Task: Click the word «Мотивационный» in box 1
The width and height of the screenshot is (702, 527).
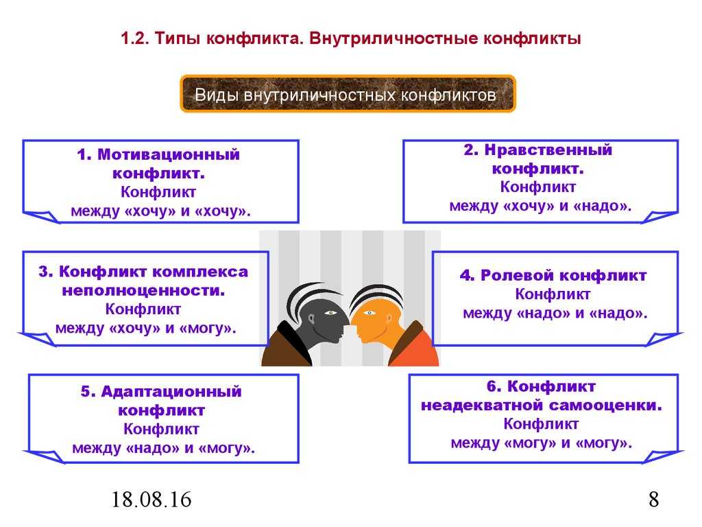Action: tap(169, 154)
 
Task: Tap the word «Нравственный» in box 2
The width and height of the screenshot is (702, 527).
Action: tap(548, 150)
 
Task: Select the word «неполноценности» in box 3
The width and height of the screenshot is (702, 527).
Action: tap(143, 290)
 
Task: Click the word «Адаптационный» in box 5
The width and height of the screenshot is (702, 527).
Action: tap(171, 392)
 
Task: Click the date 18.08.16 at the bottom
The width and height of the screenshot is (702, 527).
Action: tap(151, 500)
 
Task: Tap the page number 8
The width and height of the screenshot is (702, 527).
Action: tap(653, 500)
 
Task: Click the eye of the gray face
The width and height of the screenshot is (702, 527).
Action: tap(331, 312)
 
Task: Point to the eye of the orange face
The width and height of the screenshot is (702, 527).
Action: tap(369, 312)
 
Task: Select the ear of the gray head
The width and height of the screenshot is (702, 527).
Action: tap(312, 320)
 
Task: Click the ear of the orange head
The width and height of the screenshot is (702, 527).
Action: tap(389, 320)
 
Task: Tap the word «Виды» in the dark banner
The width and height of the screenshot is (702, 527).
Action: tap(217, 95)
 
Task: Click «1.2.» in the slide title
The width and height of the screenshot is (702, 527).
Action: tap(135, 38)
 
